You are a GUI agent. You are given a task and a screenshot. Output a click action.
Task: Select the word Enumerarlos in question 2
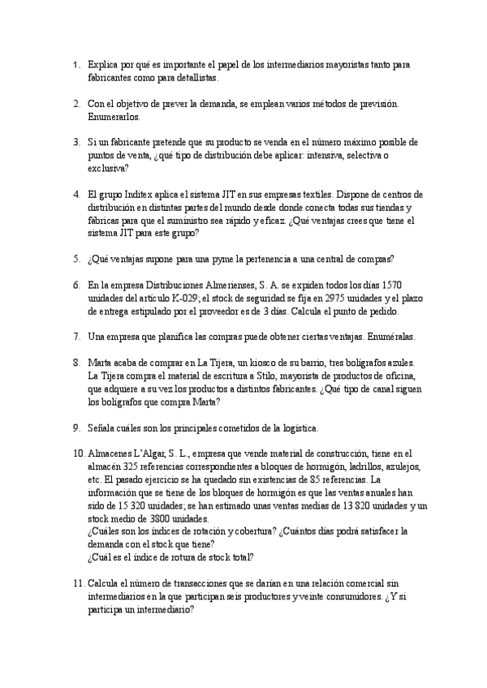click(111, 116)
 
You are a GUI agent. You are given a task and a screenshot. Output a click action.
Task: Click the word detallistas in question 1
click(195, 78)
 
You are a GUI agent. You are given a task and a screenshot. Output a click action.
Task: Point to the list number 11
click(78, 583)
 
